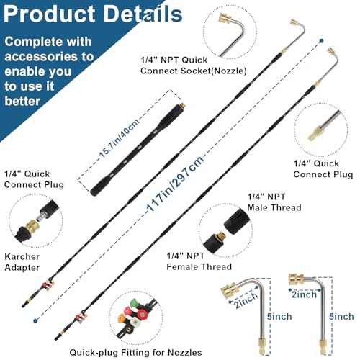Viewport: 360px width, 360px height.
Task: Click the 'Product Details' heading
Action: pos(93,14)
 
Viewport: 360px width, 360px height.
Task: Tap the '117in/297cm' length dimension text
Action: pos(176,183)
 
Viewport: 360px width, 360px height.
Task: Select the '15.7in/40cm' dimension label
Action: pos(120,138)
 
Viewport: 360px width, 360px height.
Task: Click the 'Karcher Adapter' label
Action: pos(22,262)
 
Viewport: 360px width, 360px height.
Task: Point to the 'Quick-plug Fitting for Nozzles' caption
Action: pos(135,353)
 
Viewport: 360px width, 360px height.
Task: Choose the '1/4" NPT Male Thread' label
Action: pos(274,202)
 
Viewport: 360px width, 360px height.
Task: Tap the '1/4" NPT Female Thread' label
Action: pos(199,261)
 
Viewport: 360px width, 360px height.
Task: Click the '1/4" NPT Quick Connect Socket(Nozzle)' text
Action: pos(194,66)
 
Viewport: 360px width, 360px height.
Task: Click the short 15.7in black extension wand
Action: pos(138,149)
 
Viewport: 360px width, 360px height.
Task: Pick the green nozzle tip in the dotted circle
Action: pos(134,303)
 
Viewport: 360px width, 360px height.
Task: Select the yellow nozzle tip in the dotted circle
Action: pos(122,319)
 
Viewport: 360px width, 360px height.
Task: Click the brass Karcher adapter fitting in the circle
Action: pos(32,226)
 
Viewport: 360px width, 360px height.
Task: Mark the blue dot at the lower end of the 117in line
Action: pos(35,320)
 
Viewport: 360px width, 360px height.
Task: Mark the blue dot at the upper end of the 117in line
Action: pos(321,41)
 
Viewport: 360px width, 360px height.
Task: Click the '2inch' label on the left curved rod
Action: pos(246,300)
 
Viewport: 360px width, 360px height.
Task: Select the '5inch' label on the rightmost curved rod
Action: pos(341,317)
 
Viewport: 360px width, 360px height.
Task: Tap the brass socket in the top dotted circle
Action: pos(225,19)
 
